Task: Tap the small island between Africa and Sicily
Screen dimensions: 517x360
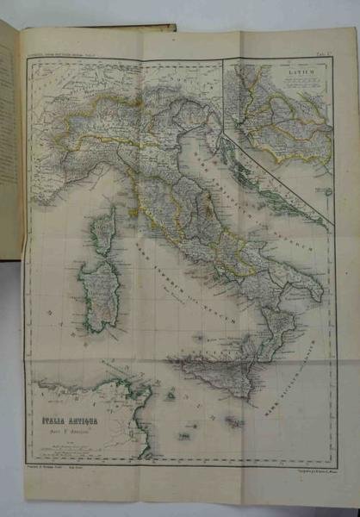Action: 172,397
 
